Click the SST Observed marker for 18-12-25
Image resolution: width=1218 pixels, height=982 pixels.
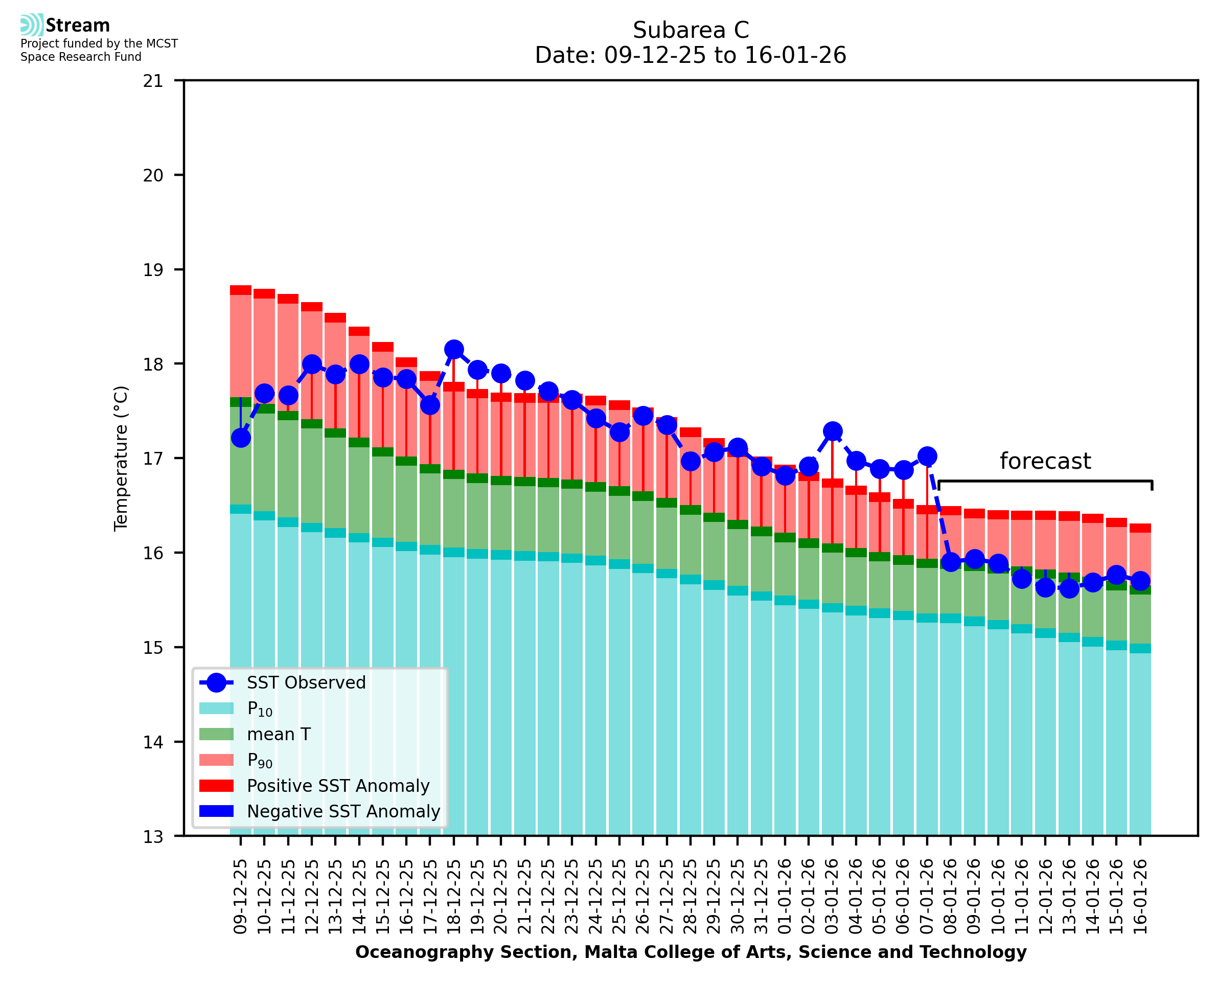click(453, 350)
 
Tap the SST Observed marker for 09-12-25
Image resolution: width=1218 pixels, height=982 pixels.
click(241, 438)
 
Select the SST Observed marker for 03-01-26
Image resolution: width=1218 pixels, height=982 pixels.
click(832, 431)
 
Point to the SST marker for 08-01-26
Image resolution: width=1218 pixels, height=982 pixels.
click(951, 562)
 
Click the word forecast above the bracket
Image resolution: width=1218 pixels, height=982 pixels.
click(1045, 461)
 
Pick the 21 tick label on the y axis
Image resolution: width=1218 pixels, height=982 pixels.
click(153, 81)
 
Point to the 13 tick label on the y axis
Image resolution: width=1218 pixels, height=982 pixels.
click(153, 837)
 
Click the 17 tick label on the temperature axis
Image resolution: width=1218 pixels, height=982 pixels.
click(153, 458)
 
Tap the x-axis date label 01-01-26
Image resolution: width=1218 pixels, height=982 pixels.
click(785, 897)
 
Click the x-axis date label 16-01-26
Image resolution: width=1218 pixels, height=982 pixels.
click(1140, 897)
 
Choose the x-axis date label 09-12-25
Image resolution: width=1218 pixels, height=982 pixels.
click(241, 897)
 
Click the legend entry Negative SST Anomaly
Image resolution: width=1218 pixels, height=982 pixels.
click(343, 811)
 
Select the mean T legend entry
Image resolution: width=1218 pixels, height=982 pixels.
click(279, 734)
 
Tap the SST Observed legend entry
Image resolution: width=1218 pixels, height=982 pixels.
click(306, 683)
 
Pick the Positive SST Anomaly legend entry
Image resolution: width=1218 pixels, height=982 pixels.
click(338, 786)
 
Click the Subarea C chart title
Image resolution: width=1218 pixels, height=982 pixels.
click(691, 30)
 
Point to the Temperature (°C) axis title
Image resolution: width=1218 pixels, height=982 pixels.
click(121, 458)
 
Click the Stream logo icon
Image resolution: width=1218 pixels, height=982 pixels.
click(32, 25)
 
